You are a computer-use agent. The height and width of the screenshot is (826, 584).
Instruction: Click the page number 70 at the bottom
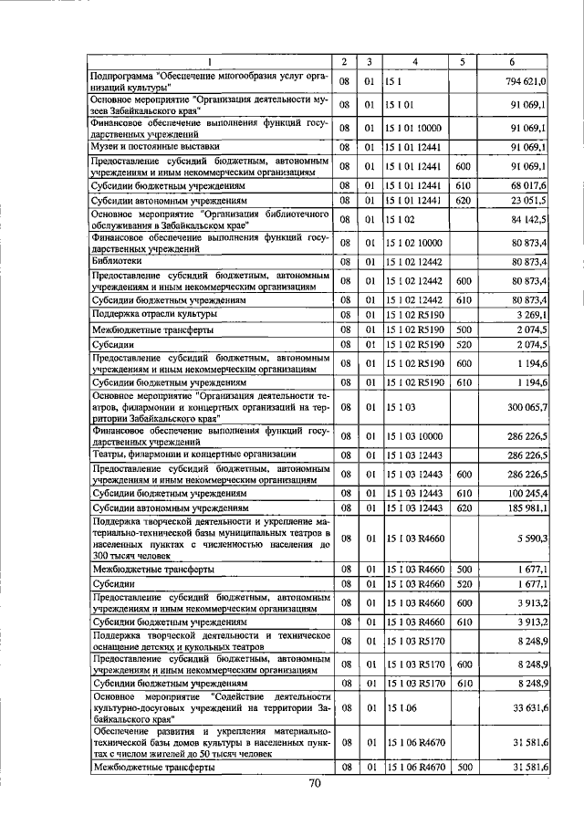[315, 783]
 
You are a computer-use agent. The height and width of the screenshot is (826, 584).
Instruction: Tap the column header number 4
[414, 61]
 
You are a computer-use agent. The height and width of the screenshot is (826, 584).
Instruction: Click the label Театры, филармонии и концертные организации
[193, 455]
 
